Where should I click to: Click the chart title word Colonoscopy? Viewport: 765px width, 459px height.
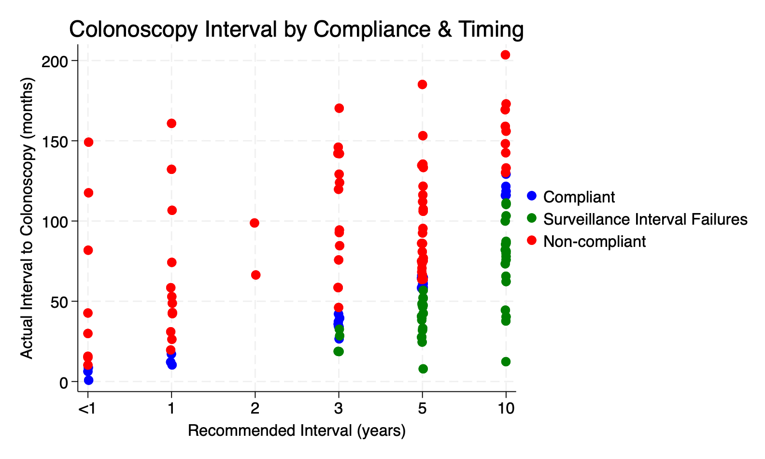click(133, 29)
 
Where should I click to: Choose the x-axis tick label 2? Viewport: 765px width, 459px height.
click(255, 409)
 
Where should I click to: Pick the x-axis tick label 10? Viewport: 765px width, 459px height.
click(505, 409)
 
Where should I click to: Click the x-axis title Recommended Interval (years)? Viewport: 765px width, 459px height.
click(297, 430)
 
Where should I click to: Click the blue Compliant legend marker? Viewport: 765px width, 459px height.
click(532, 196)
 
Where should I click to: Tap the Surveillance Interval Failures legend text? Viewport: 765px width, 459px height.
click(645, 219)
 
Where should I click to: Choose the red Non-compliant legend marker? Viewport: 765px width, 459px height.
click(532, 241)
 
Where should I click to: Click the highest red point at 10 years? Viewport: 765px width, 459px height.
click(505, 55)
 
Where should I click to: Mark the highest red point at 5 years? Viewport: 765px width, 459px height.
click(422, 85)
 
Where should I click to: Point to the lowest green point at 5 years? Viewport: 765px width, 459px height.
click(423, 369)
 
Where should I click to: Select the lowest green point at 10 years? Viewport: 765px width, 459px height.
click(506, 361)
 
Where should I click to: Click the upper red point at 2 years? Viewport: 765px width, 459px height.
click(255, 223)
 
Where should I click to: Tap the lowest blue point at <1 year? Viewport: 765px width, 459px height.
click(88, 380)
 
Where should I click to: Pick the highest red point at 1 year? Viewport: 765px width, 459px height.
click(171, 123)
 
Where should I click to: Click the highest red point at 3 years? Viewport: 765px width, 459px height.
click(339, 108)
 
